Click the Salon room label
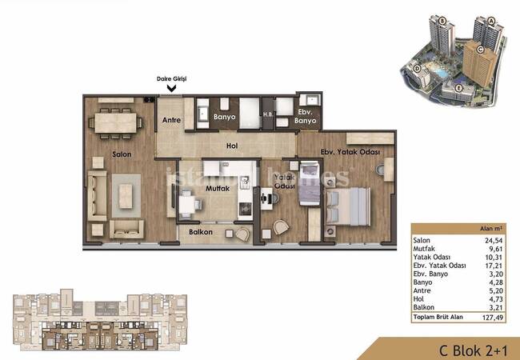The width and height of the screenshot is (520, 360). (x=122, y=154)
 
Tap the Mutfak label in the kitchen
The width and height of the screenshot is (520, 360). (x=218, y=188)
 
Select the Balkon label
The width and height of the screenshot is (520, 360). (x=201, y=232)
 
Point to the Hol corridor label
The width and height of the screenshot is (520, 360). (x=232, y=146)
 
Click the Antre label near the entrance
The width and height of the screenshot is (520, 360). (x=171, y=120)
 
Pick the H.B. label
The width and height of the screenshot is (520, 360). (x=268, y=114)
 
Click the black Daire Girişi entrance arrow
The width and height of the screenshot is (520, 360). (x=171, y=89)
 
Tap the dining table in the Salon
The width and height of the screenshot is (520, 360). (x=115, y=123)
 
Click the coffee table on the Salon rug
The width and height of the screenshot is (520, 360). (x=126, y=196)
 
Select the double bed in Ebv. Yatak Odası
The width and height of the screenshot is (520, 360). (x=348, y=206)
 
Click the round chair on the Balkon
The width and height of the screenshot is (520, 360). (x=243, y=234)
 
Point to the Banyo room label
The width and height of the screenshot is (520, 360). (x=225, y=117)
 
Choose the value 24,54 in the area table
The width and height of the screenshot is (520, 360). (x=494, y=241)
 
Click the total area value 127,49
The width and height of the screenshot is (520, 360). (x=493, y=318)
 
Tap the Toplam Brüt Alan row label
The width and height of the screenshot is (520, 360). (x=438, y=317)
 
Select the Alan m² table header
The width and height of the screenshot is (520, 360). (x=491, y=228)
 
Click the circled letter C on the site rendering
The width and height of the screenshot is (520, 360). (x=479, y=50)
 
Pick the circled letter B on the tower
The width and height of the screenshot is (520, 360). (x=442, y=21)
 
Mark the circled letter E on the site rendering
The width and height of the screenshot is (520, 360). (x=458, y=88)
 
